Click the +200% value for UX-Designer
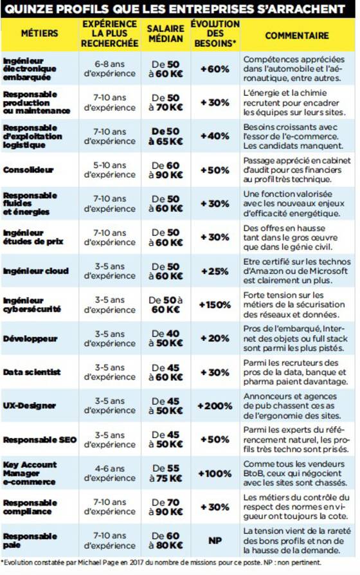(215, 406)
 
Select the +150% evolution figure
(215, 305)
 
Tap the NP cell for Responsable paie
(215, 540)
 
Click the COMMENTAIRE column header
(297, 35)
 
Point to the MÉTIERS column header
(40, 33)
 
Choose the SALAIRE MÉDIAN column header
(166, 33)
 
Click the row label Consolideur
(28, 170)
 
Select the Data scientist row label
(32, 372)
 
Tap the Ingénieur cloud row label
(36, 271)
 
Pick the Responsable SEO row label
(40, 440)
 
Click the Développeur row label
(30, 338)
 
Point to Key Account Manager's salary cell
(166, 473)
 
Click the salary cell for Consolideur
(166, 170)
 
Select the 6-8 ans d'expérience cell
(110, 69)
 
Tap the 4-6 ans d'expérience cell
(110, 473)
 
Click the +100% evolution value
(215, 473)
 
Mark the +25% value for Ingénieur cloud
(215, 271)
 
